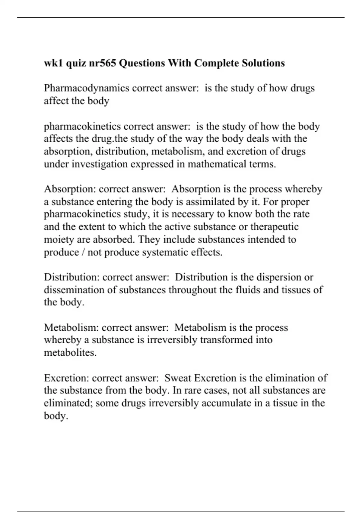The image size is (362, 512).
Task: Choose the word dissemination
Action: [76, 290]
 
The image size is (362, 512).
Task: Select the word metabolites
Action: [70, 352]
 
